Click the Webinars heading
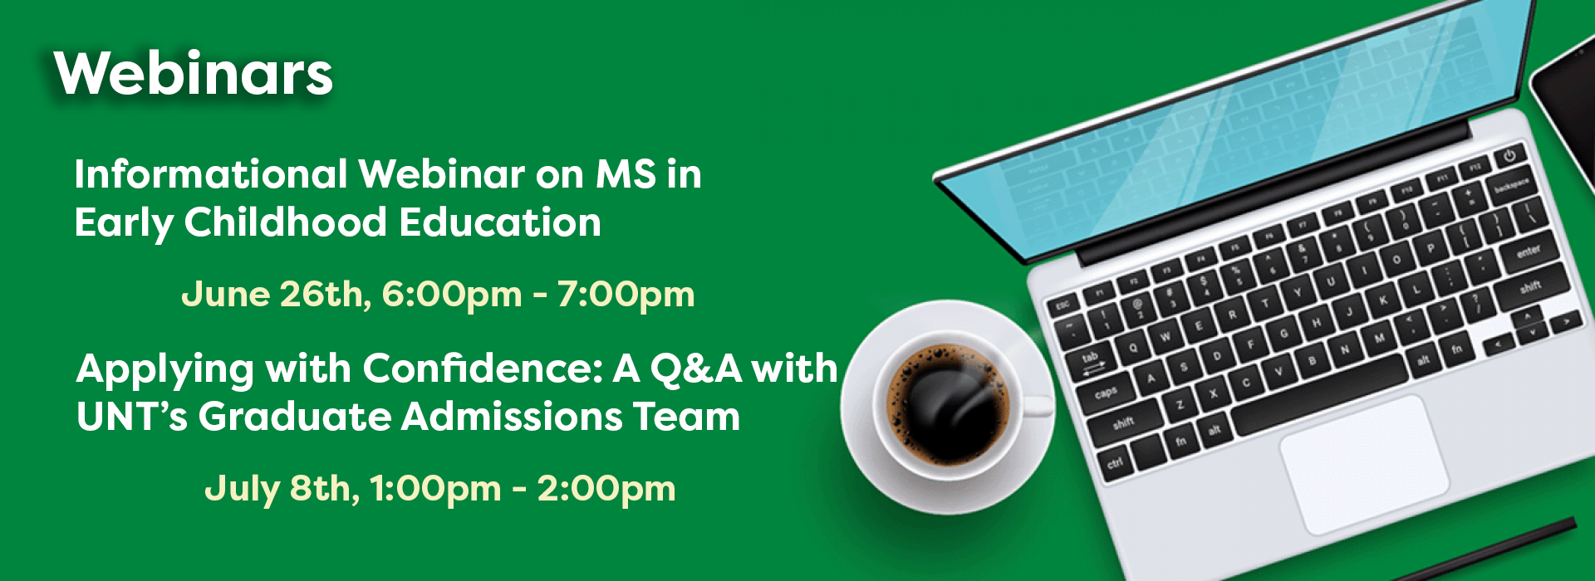(x=194, y=74)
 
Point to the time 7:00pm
(x=626, y=295)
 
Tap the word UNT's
(x=132, y=417)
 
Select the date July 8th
(x=282, y=489)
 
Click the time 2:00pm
(x=606, y=489)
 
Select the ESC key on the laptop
(x=1063, y=305)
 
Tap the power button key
(x=1509, y=155)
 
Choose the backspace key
(x=1511, y=187)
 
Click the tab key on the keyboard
(x=1091, y=360)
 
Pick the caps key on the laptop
(x=1106, y=393)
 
